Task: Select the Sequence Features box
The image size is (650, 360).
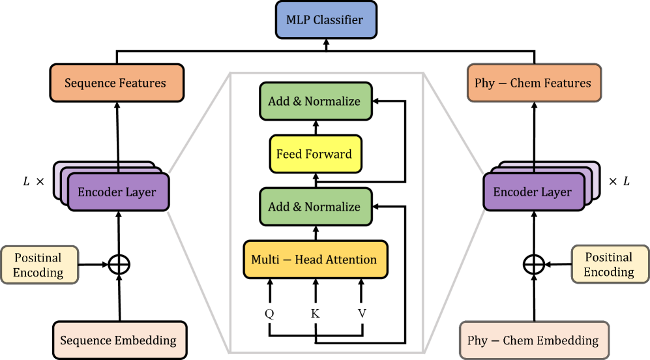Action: point(117,83)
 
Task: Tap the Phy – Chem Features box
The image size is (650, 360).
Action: point(533,83)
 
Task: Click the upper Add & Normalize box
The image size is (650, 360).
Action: point(316,101)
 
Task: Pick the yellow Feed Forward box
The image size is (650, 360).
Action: point(316,154)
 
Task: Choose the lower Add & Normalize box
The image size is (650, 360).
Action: point(316,207)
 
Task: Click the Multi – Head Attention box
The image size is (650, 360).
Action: point(316,260)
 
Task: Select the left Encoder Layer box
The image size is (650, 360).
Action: point(117,192)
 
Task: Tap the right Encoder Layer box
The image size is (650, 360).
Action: point(533,192)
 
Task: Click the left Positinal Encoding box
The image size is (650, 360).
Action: point(39,265)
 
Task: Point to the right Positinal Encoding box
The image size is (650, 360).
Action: point(609,264)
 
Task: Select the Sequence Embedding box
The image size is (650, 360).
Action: point(119,340)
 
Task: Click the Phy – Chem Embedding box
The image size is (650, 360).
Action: point(533,340)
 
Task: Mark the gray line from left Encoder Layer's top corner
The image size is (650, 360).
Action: point(199,124)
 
